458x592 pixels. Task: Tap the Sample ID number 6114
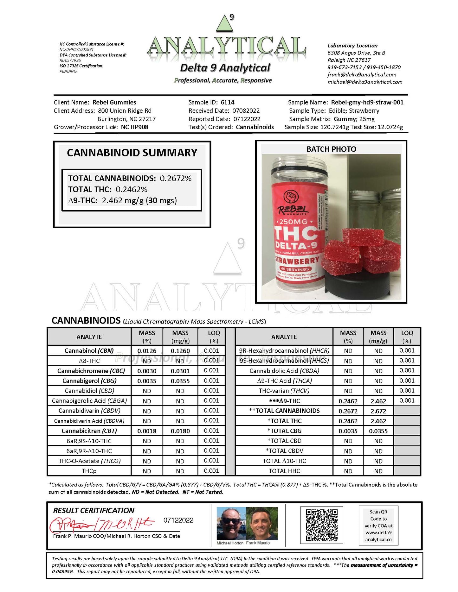[x=228, y=102]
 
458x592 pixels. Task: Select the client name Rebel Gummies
[x=114, y=102]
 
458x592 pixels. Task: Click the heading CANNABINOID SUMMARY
[x=132, y=153]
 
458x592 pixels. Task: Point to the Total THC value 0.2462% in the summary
[x=131, y=189]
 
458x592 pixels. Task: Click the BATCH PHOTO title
[x=331, y=149]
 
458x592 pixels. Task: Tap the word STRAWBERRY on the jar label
[x=297, y=260]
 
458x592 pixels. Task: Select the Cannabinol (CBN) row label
[x=89, y=350]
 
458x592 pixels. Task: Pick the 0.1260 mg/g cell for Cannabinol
[x=180, y=351]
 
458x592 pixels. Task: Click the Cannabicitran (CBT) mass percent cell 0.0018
[x=147, y=431]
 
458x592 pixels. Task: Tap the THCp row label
[x=89, y=471]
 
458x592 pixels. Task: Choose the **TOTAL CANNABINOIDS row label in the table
[x=284, y=411]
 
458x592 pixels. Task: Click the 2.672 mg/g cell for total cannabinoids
[x=378, y=411]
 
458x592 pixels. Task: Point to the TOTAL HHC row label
[x=284, y=471]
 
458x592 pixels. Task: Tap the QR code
[x=321, y=525]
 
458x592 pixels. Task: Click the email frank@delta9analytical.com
[x=362, y=75]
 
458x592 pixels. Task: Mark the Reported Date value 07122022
[x=247, y=119]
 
